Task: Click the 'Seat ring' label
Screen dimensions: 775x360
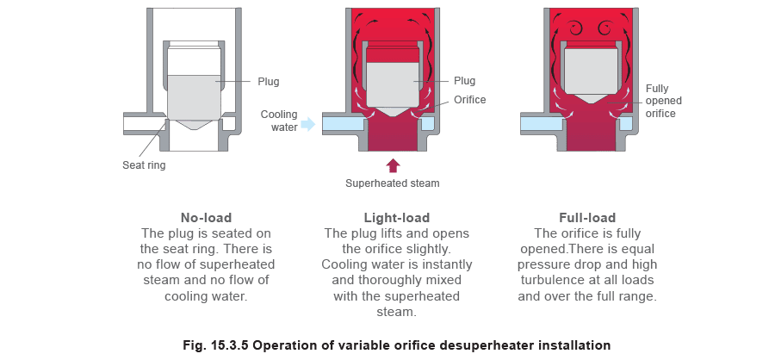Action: (144, 165)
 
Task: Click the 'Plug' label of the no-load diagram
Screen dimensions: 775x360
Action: (269, 82)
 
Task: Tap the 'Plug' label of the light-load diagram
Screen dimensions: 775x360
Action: (464, 81)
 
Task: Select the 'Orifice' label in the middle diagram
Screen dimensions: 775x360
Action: (469, 100)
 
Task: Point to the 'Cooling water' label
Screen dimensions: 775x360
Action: (279, 121)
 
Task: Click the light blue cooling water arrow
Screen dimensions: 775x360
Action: (308, 124)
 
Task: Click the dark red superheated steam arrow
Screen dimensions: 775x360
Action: (393, 165)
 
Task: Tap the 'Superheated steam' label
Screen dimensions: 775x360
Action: (393, 183)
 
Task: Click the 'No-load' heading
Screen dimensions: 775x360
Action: (206, 218)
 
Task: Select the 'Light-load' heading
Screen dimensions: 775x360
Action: (397, 218)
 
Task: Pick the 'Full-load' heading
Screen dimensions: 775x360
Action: (587, 218)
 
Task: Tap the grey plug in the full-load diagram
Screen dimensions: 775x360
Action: (590, 74)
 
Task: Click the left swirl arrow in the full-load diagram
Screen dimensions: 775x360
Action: (576, 28)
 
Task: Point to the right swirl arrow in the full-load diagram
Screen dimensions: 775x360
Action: (604, 28)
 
